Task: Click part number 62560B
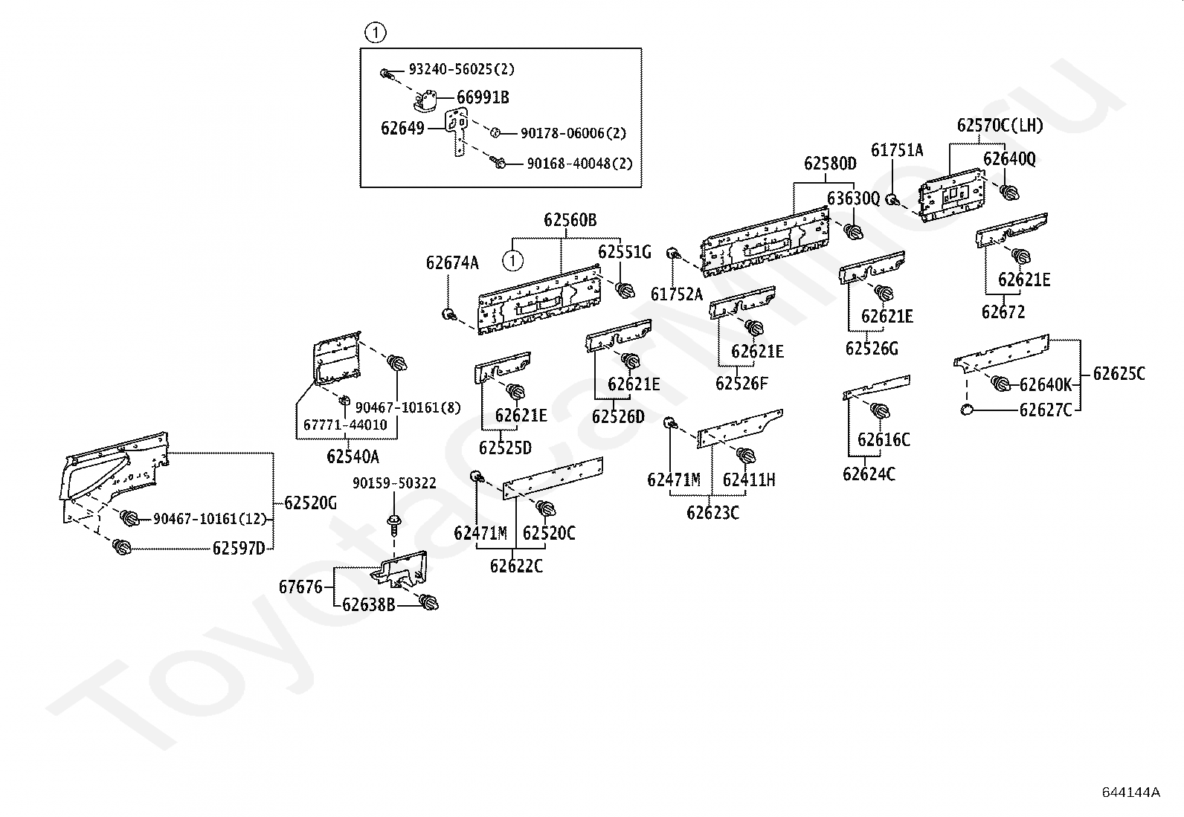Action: tap(570, 220)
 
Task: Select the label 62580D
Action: tap(830, 164)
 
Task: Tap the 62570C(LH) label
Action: tap(1000, 126)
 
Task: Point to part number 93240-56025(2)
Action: tap(461, 69)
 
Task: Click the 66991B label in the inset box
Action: tap(483, 97)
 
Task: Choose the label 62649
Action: tap(402, 128)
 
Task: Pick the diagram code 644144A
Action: tap(1130, 792)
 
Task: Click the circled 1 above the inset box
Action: tap(376, 33)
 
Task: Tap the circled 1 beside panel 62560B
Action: tap(512, 260)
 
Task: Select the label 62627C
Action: tap(1046, 410)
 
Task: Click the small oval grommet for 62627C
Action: tap(967, 410)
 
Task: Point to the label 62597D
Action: tap(239, 549)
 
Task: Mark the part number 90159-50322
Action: tap(394, 483)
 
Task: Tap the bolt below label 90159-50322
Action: tap(393, 523)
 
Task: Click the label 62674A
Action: tap(452, 262)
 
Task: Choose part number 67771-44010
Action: tap(345, 425)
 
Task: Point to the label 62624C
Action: tap(869, 474)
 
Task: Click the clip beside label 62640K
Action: tap(1000, 384)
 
